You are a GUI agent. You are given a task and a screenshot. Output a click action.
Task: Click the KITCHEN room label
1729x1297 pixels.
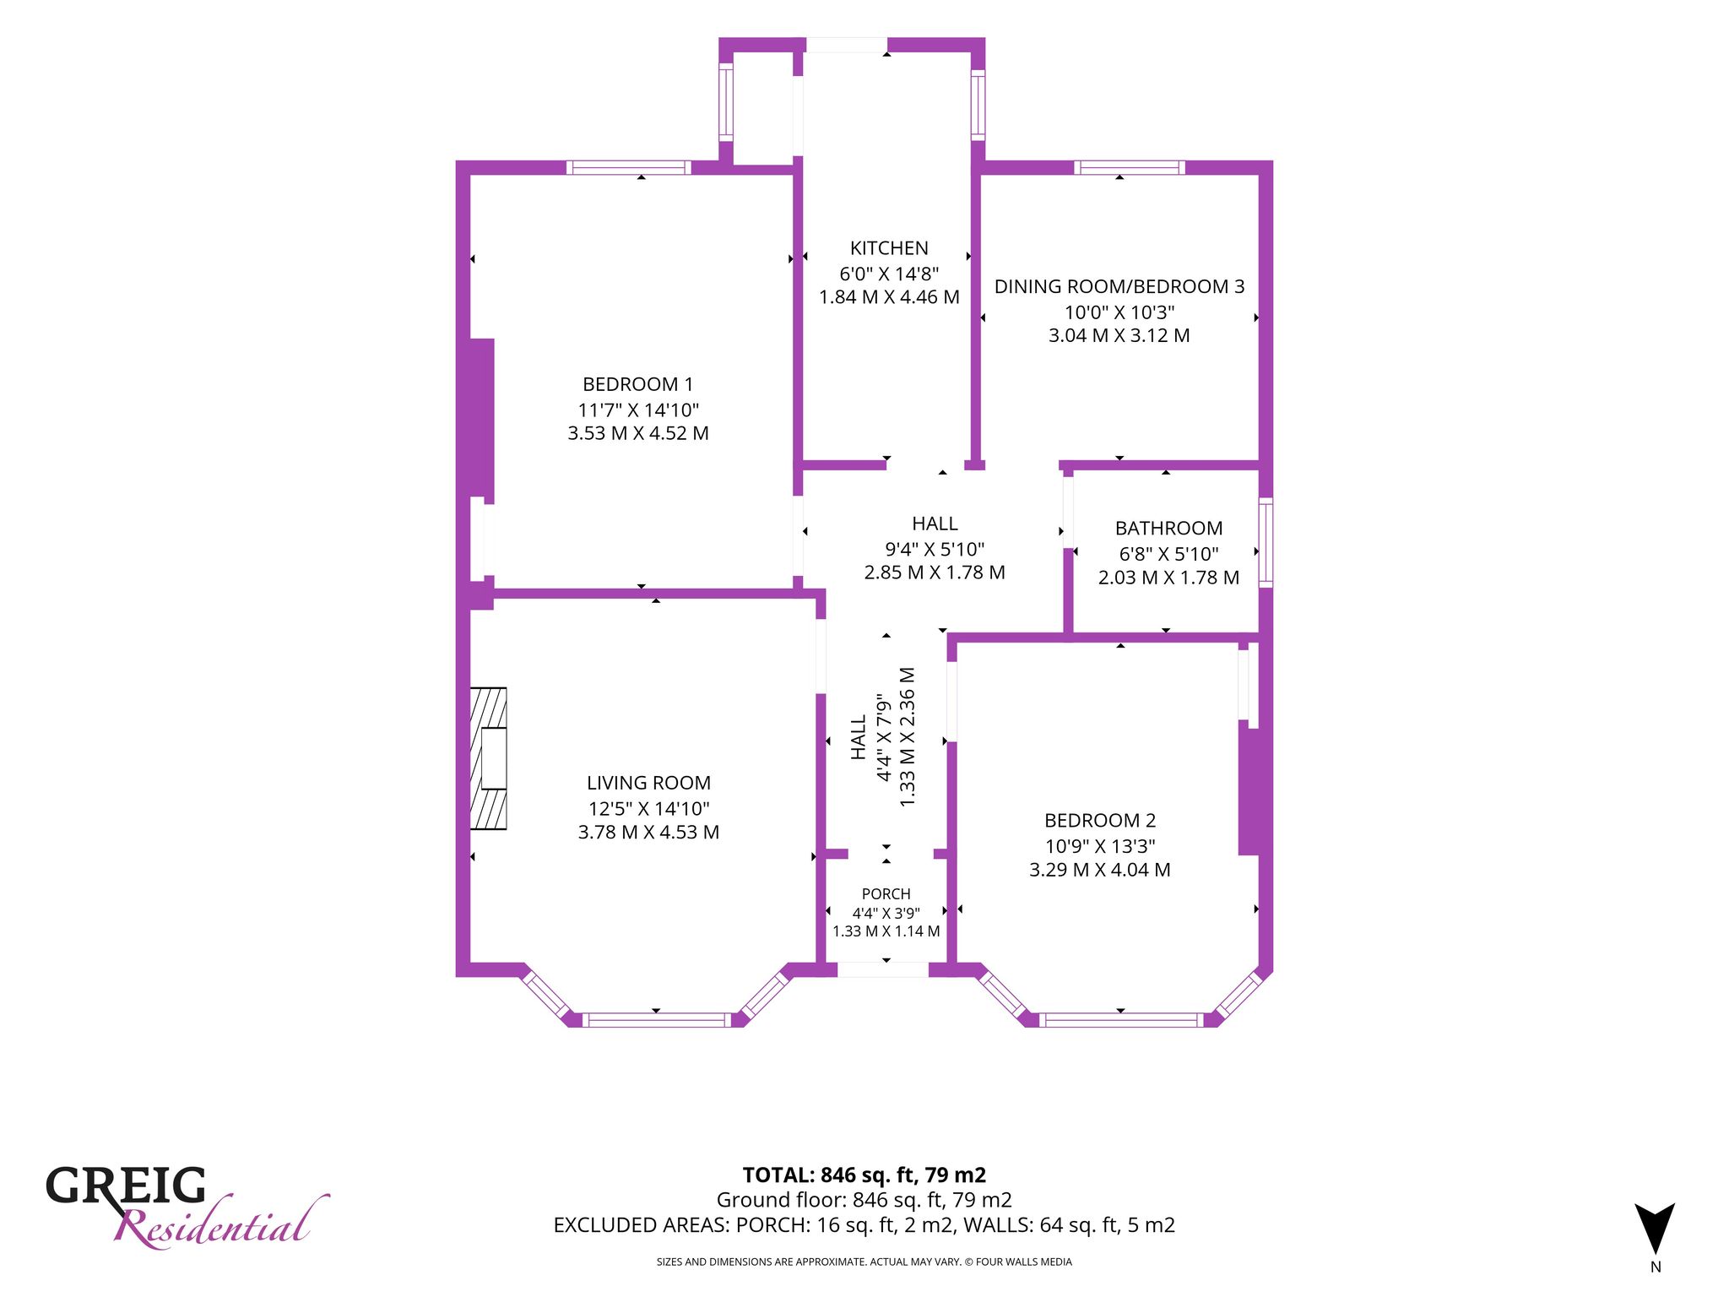tap(889, 248)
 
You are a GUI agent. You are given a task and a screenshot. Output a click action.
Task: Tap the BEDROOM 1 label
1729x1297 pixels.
tap(638, 384)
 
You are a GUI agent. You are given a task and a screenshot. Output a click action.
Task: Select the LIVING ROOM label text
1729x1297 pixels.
tap(648, 783)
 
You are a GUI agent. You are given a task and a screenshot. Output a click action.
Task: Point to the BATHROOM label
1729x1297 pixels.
tap(1168, 529)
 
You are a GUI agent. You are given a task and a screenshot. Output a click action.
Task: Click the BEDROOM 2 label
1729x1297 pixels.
tap(1100, 820)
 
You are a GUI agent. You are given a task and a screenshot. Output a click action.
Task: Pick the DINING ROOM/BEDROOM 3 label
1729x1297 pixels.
tap(1119, 286)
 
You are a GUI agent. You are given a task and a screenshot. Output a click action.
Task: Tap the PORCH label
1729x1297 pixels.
tap(886, 893)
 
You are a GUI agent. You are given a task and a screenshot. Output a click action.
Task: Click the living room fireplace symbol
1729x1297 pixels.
tap(488, 758)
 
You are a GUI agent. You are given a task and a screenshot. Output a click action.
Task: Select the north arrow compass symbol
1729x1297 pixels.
tap(1655, 1229)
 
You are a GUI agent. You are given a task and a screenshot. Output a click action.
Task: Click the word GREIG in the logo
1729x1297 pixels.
tap(126, 1186)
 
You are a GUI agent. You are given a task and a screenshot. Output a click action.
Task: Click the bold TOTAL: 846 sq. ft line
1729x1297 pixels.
tap(864, 1175)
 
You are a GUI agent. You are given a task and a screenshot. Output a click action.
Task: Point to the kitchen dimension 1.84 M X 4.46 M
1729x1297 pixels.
tap(889, 297)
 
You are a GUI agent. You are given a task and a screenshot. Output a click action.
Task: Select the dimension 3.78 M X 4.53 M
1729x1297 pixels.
tap(648, 833)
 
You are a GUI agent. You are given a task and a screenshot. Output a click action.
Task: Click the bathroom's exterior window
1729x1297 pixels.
tap(1266, 542)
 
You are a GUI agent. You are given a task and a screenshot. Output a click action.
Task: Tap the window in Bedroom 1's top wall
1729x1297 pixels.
tap(628, 167)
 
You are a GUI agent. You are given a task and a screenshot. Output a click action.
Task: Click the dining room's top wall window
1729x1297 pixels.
tap(1130, 167)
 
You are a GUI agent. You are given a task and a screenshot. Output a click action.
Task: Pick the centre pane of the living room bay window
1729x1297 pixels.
tap(656, 1020)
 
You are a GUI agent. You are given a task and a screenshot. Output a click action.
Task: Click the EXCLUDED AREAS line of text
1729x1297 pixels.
tap(864, 1225)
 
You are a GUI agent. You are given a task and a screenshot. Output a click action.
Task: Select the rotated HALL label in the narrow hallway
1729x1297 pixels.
tap(858, 738)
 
